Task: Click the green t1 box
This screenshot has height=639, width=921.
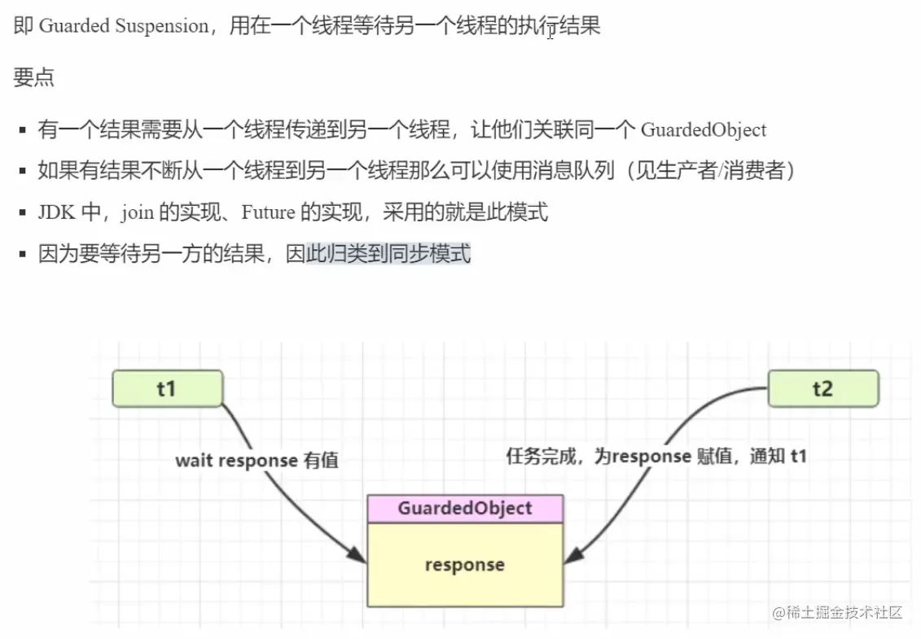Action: (x=167, y=388)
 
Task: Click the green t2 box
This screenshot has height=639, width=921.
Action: (x=822, y=388)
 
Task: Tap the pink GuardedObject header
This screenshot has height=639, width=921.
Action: (x=464, y=509)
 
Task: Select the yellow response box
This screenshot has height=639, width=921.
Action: (x=464, y=565)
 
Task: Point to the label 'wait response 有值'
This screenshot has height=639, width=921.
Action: (x=257, y=461)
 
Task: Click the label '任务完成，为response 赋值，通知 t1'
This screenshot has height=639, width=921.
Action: (x=656, y=456)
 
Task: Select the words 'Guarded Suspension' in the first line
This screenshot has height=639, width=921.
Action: (x=124, y=26)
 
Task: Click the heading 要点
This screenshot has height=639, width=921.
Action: (x=34, y=78)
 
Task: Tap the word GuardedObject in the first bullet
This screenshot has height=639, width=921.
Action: (x=704, y=129)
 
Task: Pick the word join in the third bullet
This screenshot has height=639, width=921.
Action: (x=138, y=212)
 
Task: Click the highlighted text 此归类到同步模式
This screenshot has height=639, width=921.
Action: (x=388, y=254)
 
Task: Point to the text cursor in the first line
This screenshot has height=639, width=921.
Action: (x=551, y=33)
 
